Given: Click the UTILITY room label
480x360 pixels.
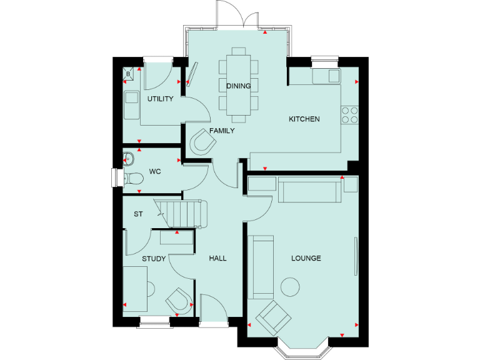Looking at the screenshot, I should [160, 99].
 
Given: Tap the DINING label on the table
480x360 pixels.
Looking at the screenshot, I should [239, 86].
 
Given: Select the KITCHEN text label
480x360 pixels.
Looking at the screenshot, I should [304, 119].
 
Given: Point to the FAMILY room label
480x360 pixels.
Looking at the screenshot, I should [222, 131].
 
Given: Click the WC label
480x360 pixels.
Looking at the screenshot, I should [154, 171].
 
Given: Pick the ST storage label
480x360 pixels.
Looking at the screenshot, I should [138, 214].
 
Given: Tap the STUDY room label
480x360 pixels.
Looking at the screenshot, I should [153, 258].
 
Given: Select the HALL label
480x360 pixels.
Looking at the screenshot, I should [217, 258].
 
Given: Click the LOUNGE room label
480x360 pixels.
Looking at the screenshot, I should [306, 258].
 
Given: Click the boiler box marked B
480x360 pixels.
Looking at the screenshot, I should [129, 74].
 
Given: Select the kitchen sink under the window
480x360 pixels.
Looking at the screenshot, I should [327, 76].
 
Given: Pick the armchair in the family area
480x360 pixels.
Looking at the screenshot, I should [203, 142].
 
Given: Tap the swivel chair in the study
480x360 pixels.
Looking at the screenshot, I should [179, 301].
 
